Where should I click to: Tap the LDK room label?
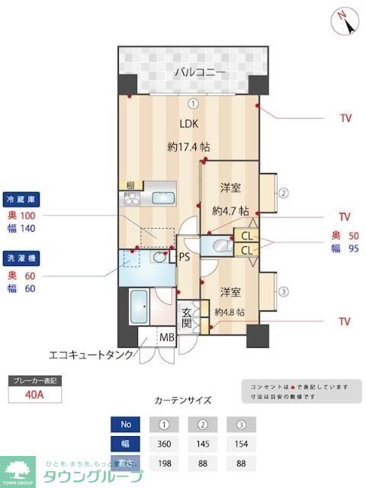click(x=190, y=124)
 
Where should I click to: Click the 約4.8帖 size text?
click(x=230, y=312)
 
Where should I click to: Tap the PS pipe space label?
click(x=184, y=257)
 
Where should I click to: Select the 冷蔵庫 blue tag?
click(x=21, y=198)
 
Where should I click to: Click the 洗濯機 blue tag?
click(x=21, y=257)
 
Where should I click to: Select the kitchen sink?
click(x=162, y=198)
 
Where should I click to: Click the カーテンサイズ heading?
click(x=183, y=400)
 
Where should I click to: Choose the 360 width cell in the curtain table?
click(x=162, y=443)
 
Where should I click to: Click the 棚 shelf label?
click(x=131, y=185)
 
